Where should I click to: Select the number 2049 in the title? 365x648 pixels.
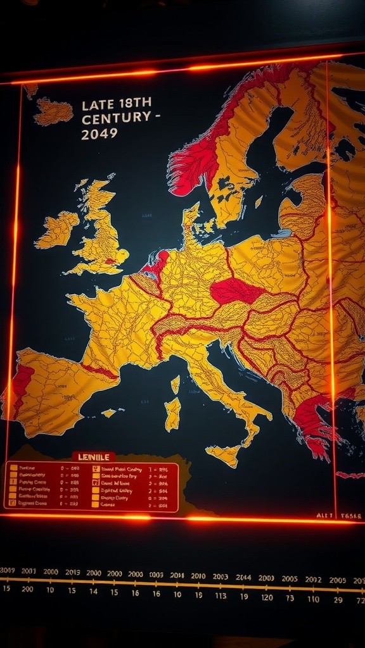pyautogui.click(x=100, y=133)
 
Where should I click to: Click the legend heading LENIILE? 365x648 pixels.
pyautogui.click(x=93, y=456)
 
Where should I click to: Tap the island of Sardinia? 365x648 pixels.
pyautogui.click(x=172, y=413)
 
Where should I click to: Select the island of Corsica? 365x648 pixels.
pyautogui.click(x=176, y=384)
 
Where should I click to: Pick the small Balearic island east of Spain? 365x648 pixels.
pyautogui.click(x=109, y=413)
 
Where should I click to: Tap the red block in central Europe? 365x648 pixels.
pyautogui.click(x=236, y=291)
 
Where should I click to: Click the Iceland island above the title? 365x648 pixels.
pyautogui.click(x=53, y=112)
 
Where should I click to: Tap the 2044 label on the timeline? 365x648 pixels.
pyautogui.click(x=243, y=577)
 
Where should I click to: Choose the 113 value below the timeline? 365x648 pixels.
pyautogui.click(x=220, y=595)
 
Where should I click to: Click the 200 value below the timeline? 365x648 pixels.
pyautogui.click(x=27, y=589)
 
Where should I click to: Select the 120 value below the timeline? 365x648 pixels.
pyautogui.click(x=267, y=597)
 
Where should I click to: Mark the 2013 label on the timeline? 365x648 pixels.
pyautogui.click(x=72, y=572)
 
